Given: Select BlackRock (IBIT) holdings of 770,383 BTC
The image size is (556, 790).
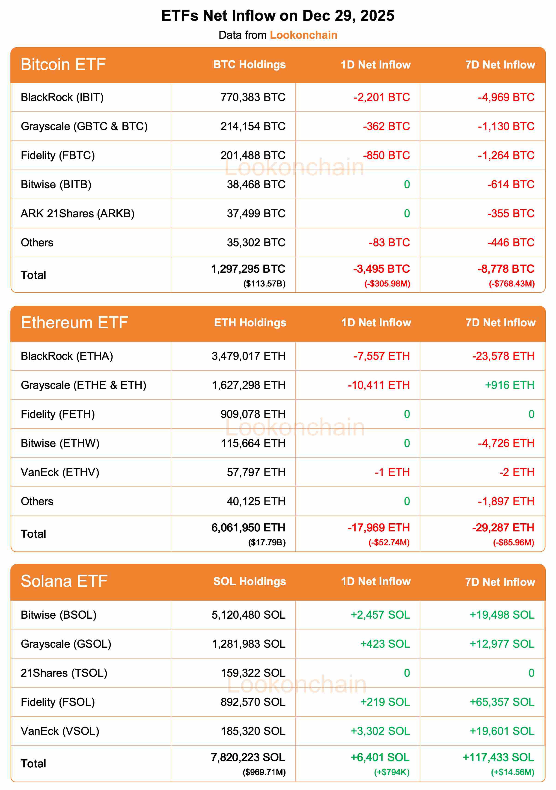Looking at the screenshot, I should pyautogui.click(x=253, y=97).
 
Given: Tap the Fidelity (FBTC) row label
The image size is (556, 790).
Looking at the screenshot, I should pyautogui.click(x=58, y=155).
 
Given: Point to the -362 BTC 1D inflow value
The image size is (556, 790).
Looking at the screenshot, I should pyautogui.click(x=386, y=126).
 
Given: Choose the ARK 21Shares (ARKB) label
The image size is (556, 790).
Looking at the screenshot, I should pyautogui.click(x=77, y=214).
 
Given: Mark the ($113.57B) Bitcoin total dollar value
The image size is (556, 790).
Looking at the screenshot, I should pyautogui.click(x=264, y=284).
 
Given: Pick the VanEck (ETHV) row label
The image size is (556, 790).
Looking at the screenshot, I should pyautogui.click(x=60, y=472).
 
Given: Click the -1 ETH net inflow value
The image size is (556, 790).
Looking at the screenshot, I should pyautogui.click(x=392, y=472).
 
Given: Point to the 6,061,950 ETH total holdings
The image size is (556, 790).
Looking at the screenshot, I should pyautogui.click(x=248, y=528).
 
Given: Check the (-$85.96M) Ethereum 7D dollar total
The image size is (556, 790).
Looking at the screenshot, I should pyautogui.click(x=513, y=543).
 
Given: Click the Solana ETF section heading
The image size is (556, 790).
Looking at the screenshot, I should pyautogui.click(x=64, y=581).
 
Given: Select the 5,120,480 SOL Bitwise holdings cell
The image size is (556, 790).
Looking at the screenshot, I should pyautogui.click(x=248, y=615).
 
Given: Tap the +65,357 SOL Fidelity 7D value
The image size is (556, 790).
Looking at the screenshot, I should pyautogui.click(x=502, y=702).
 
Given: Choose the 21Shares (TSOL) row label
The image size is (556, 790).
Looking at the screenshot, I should pyautogui.click(x=64, y=673).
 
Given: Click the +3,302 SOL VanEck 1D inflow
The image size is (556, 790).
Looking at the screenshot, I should pyautogui.click(x=380, y=731).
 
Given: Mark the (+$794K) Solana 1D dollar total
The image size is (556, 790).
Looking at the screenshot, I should pyautogui.click(x=392, y=772).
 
